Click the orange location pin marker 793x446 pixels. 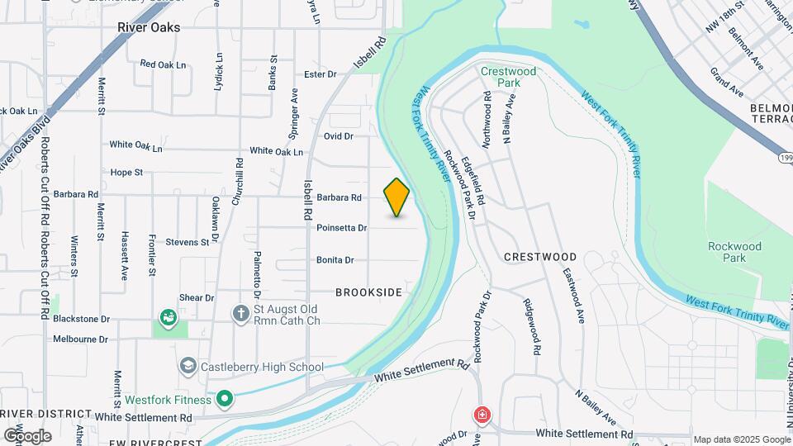397,197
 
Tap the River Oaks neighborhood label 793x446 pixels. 149,27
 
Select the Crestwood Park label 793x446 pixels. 509,77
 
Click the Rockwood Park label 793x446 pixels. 734,252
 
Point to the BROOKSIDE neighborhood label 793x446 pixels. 369,292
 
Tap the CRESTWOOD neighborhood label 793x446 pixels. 540,257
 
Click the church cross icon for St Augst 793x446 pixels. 240,314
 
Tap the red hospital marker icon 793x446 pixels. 481,415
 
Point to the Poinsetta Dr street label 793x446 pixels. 341,228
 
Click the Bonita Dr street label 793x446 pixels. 335,260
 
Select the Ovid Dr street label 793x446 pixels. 339,136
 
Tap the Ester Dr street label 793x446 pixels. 321,74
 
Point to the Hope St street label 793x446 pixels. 126,173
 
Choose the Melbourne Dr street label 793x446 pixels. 80,339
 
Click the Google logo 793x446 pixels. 27,436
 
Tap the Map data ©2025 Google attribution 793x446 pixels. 741,440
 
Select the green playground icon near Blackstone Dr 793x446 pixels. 169,317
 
